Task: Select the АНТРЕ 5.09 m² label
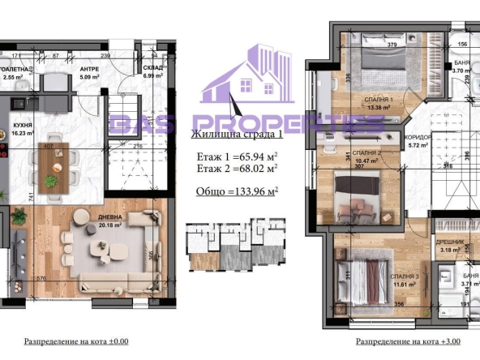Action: [89, 73]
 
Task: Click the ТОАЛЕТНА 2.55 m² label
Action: [19, 73]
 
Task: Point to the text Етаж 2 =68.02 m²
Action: [236, 169]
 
